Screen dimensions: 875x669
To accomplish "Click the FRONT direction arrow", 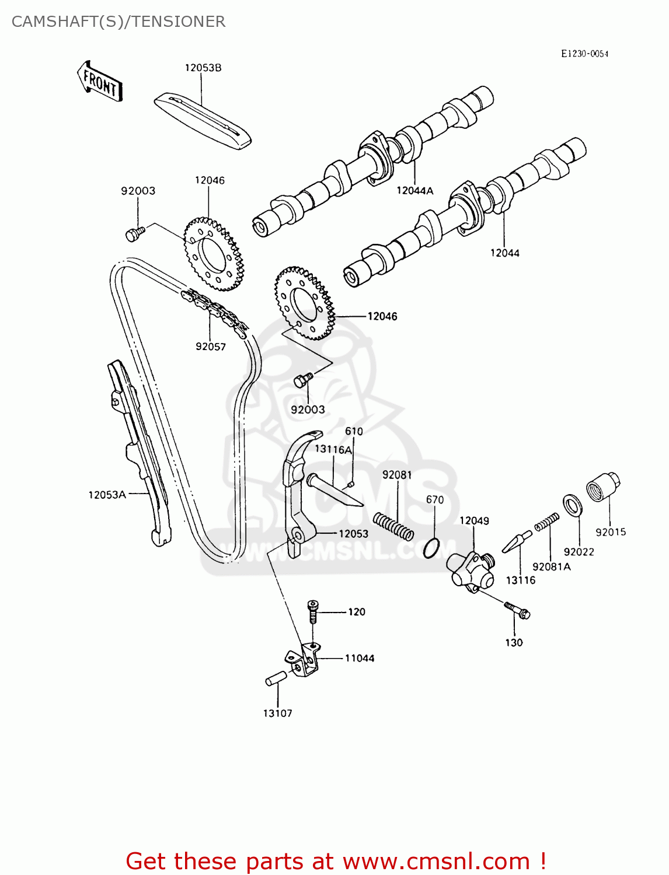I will click(100, 82).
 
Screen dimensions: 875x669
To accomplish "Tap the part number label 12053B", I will click(203, 68).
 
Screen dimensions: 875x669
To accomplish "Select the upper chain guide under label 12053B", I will click(203, 119).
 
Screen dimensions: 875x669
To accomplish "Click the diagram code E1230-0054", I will click(584, 54).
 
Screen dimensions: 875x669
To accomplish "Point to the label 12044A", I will click(414, 190).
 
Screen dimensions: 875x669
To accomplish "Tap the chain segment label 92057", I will click(210, 346).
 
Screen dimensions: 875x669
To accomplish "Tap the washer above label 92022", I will click(572, 504).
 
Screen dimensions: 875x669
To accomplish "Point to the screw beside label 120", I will click(313, 610).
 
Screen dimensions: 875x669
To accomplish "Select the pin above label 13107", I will click(276, 678).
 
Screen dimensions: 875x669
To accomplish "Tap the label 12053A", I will click(107, 495).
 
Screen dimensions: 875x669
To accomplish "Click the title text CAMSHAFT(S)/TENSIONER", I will click(119, 22).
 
